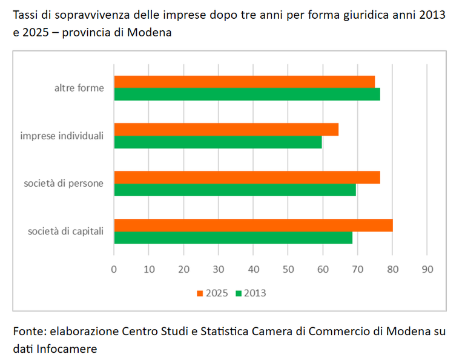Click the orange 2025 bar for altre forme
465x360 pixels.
(x=244, y=82)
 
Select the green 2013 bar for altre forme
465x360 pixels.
(x=247, y=94)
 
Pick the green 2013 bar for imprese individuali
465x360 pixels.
(x=218, y=142)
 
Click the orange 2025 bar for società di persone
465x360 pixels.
(x=247, y=177)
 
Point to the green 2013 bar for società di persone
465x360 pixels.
(x=235, y=190)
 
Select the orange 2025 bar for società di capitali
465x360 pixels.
(x=253, y=225)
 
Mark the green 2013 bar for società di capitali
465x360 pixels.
(x=233, y=238)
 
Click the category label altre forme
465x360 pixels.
(x=79, y=88)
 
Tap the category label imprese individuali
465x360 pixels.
(x=62, y=136)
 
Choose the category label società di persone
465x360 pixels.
(x=64, y=183)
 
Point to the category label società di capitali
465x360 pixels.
(x=65, y=231)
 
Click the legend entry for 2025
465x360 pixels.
(x=212, y=293)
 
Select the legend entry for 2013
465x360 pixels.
(x=251, y=293)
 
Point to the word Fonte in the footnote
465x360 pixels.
(x=28, y=332)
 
